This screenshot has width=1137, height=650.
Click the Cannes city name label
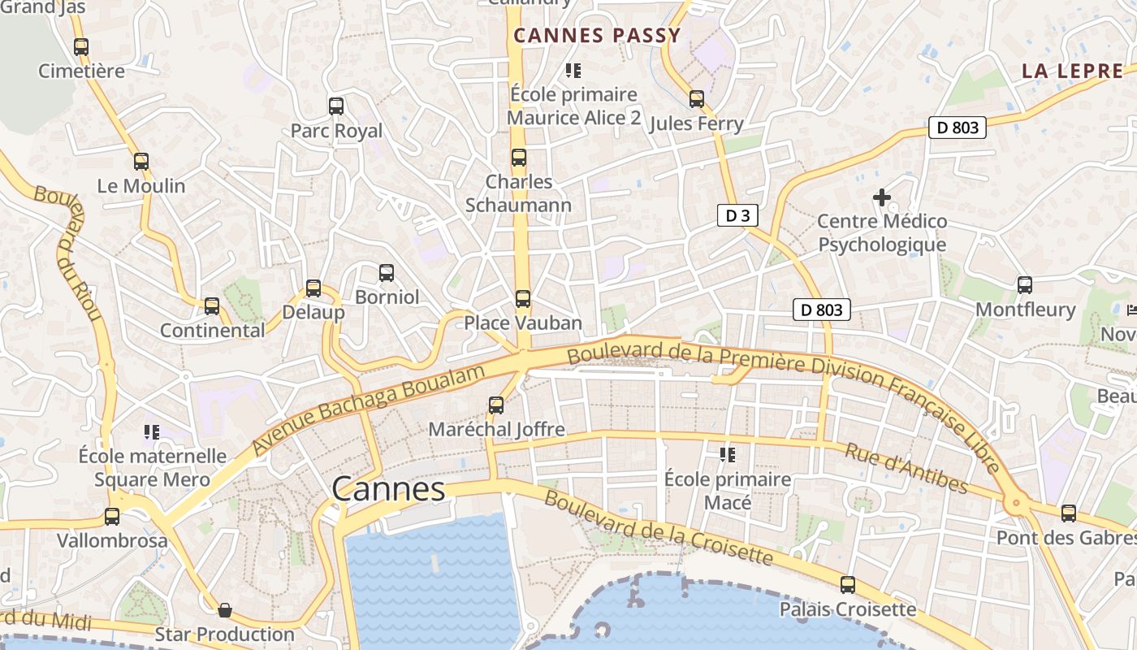point(388,489)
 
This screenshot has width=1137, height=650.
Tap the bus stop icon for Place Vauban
point(523,299)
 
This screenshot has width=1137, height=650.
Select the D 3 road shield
point(737,215)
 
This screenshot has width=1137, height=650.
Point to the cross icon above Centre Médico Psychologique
point(881,197)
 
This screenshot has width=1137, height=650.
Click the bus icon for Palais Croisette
point(848,585)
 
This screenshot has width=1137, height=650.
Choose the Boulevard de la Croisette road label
point(658,528)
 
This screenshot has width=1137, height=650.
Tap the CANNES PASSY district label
point(597,36)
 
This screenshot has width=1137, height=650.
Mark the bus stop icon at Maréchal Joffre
point(495,405)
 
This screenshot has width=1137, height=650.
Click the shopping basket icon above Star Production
point(225,609)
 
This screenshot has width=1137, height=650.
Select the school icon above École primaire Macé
point(727,455)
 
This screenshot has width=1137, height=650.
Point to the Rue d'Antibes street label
point(906,469)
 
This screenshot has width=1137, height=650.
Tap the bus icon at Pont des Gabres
point(1069,513)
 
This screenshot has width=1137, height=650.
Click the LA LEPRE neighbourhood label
point(1072,71)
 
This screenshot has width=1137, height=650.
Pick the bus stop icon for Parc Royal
point(335,106)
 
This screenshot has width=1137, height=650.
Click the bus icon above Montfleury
point(1025,285)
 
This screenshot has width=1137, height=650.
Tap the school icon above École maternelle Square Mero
point(151,431)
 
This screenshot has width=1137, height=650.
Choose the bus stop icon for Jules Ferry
point(697,99)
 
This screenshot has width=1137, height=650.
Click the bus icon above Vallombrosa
point(112,517)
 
